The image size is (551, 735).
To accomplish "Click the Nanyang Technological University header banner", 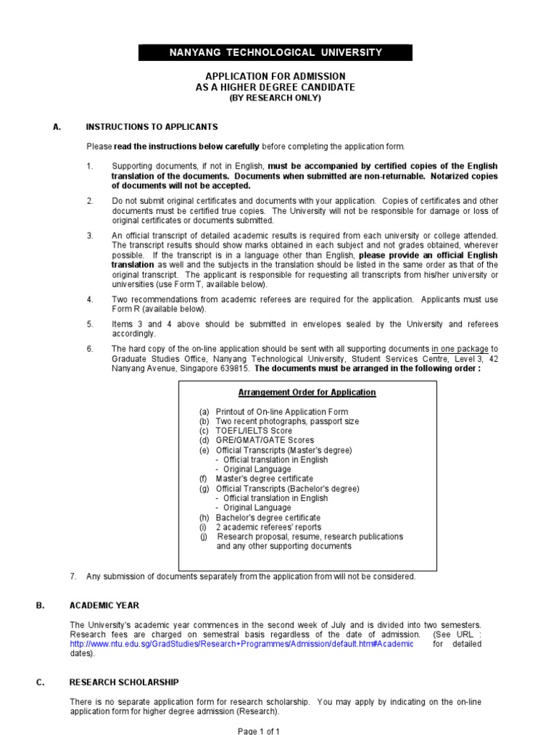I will point(275,52).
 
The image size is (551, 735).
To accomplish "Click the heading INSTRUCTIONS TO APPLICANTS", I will point(151,127).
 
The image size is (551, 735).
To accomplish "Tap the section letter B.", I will point(39,605).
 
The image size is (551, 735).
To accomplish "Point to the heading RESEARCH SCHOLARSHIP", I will point(124,682).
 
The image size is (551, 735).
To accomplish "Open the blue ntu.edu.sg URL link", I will point(242,644).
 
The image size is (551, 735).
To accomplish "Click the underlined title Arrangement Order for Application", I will point(306,393).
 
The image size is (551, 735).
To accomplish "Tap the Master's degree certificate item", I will point(264,479).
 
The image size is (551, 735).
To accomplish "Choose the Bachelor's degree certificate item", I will point(268,518).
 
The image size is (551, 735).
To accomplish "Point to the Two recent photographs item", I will point(287,421).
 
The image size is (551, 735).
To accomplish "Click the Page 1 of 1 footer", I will point(259,730).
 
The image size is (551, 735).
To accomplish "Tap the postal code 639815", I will point(237,369).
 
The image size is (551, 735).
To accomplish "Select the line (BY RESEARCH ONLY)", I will point(275,98).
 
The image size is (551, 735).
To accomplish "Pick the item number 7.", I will point(72,576).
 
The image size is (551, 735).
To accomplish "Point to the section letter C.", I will point(39,682).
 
